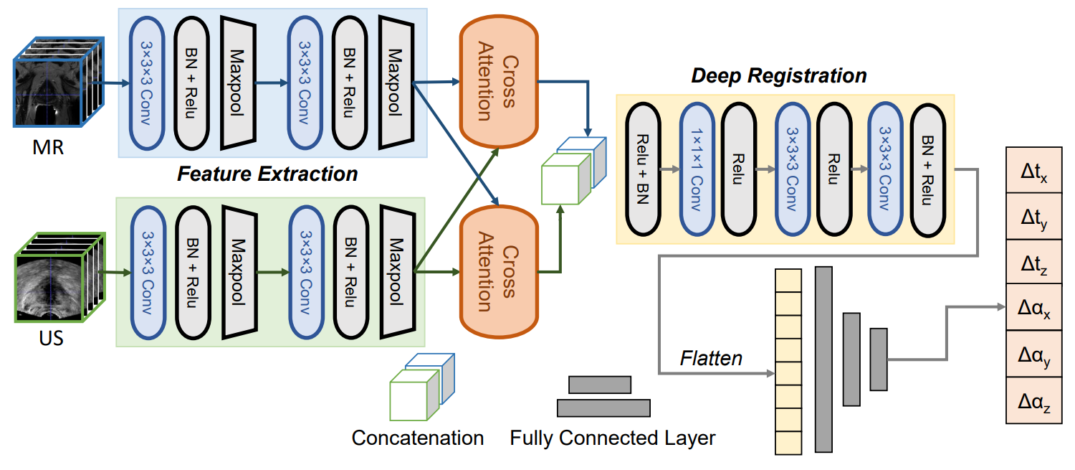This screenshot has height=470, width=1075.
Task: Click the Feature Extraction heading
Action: coord(267,174)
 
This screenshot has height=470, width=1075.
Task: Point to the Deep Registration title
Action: coord(778,75)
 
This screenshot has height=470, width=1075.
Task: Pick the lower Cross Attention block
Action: coord(497,271)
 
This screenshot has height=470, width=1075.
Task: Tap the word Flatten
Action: coord(711,357)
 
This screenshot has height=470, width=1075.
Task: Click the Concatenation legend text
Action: coord(418,438)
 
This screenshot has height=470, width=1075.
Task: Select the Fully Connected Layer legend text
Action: coord(613,438)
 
